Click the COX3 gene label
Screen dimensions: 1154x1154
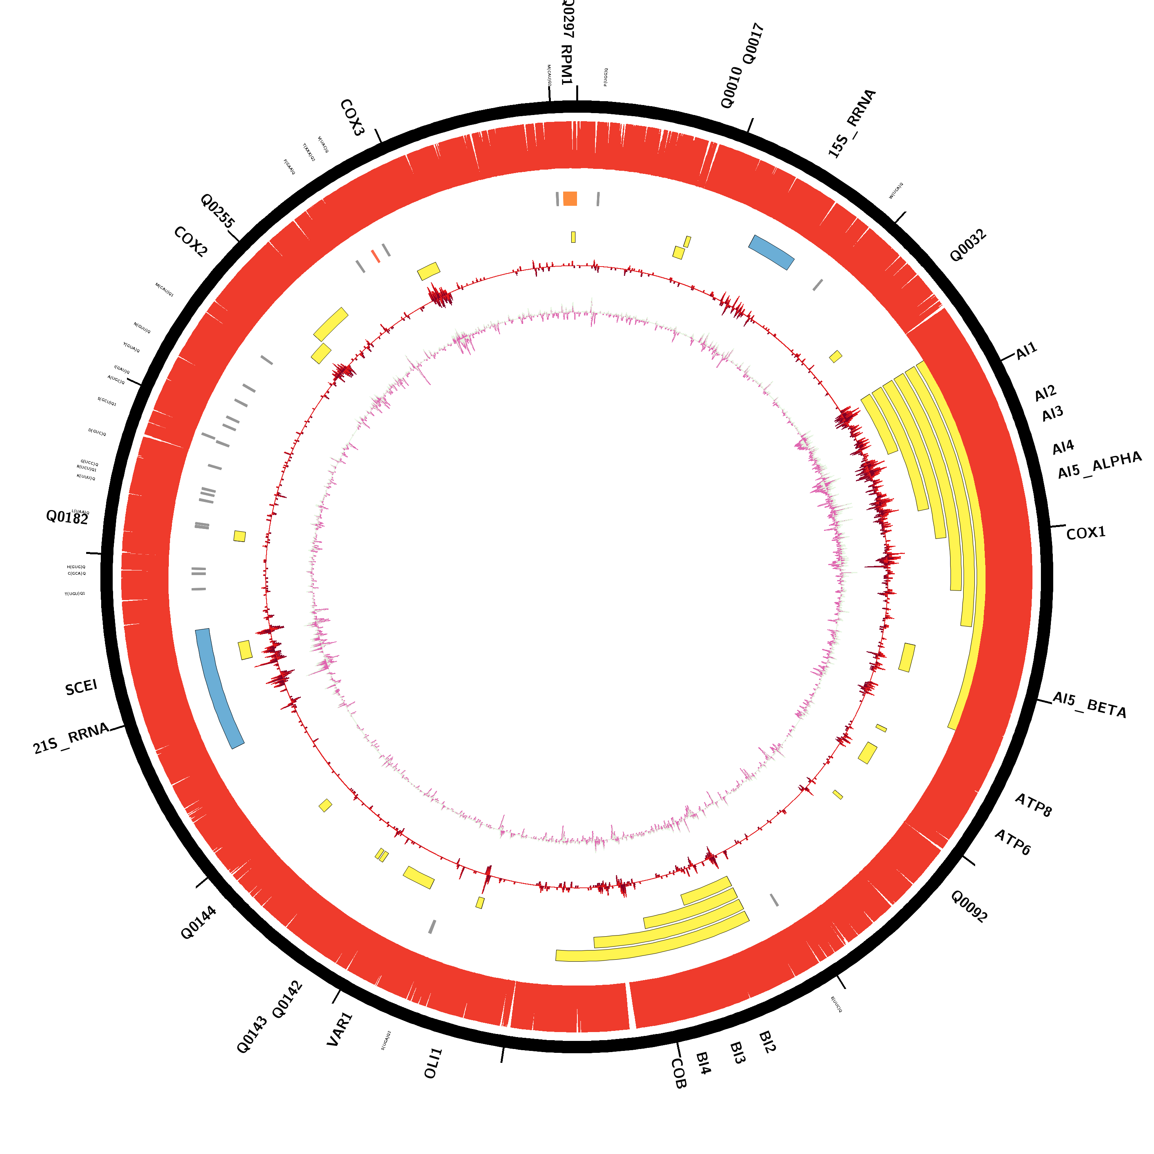point(352,118)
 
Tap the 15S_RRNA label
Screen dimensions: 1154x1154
point(852,123)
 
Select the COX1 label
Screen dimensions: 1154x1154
point(1086,533)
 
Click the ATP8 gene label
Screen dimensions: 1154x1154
point(1033,805)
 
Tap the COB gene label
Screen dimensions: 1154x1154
point(679,1073)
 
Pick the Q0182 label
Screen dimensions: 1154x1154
point(67,517)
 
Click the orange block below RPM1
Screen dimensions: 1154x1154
point(570,199)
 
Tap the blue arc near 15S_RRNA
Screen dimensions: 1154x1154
point(771,252)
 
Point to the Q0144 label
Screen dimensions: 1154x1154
point(198,922)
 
